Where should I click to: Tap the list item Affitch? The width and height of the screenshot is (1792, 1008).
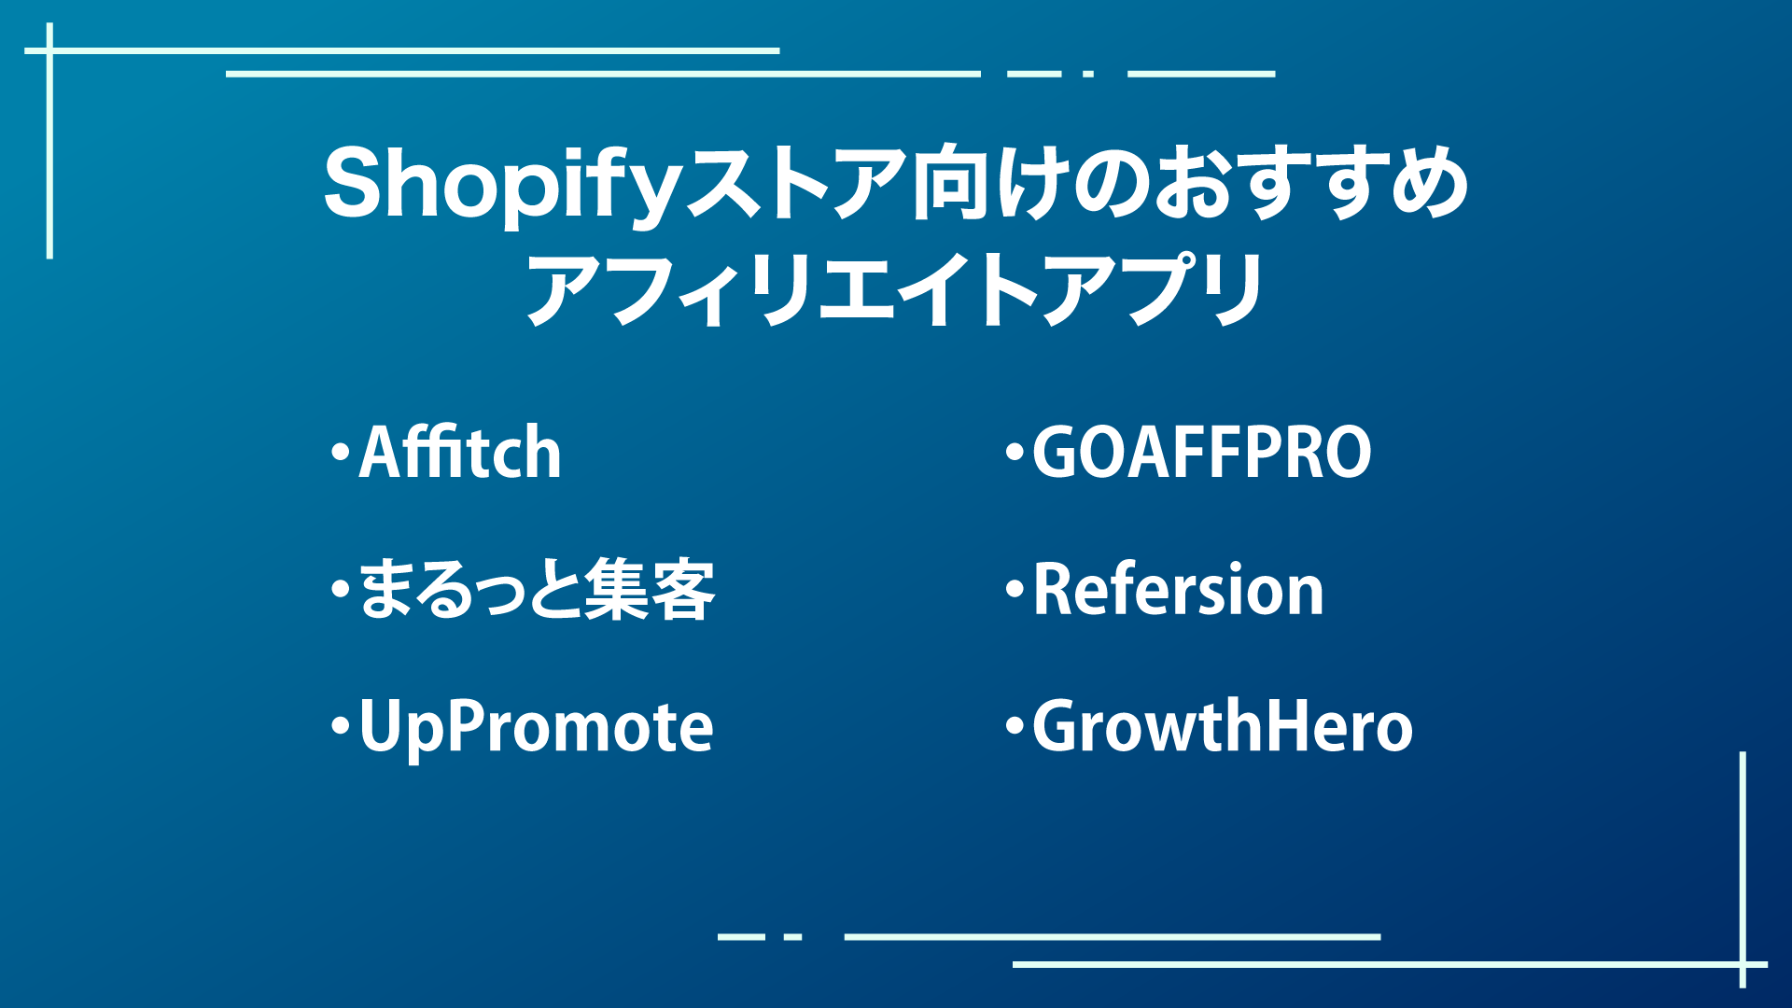460,453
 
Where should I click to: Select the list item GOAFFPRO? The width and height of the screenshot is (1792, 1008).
1202,453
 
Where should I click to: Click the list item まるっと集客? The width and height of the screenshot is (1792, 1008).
537,590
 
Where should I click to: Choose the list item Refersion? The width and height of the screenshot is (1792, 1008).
1179,590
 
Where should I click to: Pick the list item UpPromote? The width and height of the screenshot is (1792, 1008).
537,728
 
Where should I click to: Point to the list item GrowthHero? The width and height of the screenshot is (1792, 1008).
1223,726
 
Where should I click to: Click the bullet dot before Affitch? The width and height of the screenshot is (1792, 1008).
340,453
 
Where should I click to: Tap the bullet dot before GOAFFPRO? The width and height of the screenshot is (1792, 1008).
1015,453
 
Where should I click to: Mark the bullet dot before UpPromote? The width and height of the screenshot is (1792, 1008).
340,726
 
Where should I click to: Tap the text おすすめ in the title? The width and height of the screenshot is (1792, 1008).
1311,183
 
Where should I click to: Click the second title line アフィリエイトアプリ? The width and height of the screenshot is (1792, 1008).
895,289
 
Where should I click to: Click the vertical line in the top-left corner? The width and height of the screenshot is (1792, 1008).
49,140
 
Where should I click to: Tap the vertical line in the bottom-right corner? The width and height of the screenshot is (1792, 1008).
1743,869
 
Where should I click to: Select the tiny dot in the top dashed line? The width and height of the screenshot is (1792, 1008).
1088,73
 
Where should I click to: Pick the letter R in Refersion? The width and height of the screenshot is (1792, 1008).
1052,590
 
